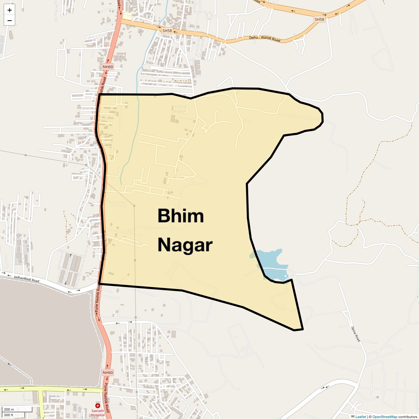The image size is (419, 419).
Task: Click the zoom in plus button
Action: tap(9, 10)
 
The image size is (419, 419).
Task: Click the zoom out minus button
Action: tap(9, 21)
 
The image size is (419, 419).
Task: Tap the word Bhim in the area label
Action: tap(181, 216)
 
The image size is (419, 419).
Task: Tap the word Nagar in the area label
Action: tap(185, 245)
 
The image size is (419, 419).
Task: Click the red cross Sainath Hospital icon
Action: tap(98, 406)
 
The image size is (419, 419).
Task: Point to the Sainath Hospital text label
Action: tap(98, 413)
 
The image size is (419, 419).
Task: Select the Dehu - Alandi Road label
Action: tap(265, 39)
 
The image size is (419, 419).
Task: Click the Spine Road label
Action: tap(355, 334)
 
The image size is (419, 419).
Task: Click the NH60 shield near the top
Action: tap(108, 67)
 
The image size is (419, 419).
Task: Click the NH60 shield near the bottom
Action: tap(108, 373)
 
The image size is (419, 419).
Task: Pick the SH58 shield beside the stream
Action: tap(167, 31)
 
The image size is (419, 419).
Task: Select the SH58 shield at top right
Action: tap(319, 20)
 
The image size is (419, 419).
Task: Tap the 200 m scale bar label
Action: tap(9, 409)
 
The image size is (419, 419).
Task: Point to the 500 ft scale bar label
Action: tap(9, 415)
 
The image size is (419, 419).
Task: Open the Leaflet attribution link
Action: tap(360, 417)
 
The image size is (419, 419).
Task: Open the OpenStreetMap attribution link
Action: tap(384, 417)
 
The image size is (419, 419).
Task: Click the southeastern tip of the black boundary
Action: tap(302, 329)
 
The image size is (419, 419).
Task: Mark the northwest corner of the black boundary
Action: tap(100, 95)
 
